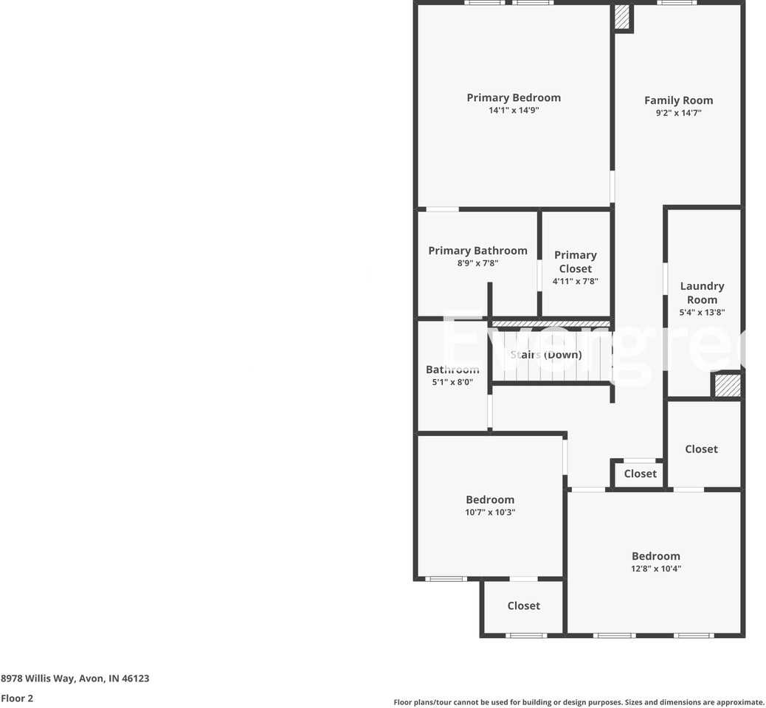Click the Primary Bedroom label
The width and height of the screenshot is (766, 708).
click(514, 97)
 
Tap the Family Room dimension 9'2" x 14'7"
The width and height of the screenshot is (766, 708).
click(678, 113)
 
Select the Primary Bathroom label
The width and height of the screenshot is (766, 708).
click(477, 251)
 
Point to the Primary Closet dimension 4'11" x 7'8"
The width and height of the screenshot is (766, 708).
click(575, 281)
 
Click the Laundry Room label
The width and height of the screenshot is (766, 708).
click(702, 293)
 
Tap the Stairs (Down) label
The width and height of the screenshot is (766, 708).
click(546, 355)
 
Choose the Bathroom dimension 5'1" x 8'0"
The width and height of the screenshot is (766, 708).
click(452, 382)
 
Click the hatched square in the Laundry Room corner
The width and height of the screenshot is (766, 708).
click(727, 386)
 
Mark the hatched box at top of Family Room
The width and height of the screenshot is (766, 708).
click(622, 17)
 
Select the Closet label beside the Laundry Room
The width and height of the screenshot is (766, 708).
click(701, 449)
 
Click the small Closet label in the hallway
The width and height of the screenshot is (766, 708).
click(640, 474)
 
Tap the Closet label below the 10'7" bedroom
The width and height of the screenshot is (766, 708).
click(523, 605)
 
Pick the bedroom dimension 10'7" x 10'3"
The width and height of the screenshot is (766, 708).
click(490, 512)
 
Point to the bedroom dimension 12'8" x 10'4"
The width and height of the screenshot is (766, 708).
click(655, 569)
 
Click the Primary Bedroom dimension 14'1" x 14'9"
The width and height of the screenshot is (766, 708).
click(514, 110)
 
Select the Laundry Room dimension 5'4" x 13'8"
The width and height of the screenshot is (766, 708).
click(702, 312)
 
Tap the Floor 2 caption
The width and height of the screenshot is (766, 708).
click(17, 698)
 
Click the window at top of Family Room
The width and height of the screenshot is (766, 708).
click(677, 3)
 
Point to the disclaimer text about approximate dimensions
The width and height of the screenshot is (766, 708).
click(579, 702)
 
